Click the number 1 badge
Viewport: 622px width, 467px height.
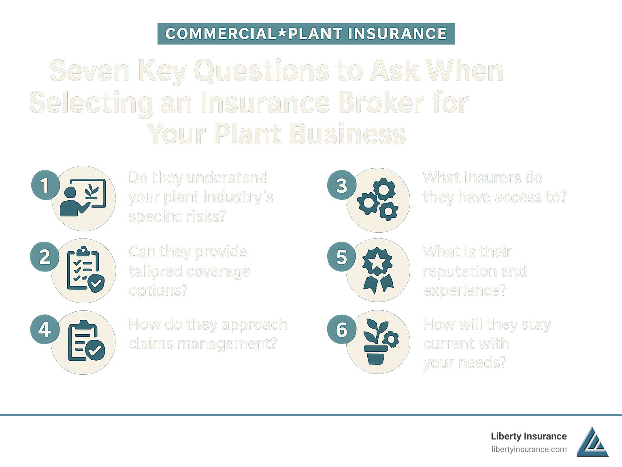point(45,185)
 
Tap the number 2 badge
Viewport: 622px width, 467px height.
point(45,257)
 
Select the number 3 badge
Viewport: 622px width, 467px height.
point(341,185)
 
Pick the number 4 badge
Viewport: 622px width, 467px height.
point(45,329)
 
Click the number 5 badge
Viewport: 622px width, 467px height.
point(341,257)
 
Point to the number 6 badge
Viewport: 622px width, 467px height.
point(341,330)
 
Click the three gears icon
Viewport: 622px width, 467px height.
point(378,200)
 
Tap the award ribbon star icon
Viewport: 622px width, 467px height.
point(378,270)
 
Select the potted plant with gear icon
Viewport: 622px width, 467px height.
point(379,342)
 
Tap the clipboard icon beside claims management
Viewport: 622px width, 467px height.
point(85,341)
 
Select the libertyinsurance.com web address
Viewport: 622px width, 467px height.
point(529,449)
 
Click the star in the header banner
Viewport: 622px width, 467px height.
point(282,34)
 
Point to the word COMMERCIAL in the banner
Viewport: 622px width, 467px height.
point(221,34)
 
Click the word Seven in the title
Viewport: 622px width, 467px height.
point(89,71)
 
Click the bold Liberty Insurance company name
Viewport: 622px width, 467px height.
point(528,436)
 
